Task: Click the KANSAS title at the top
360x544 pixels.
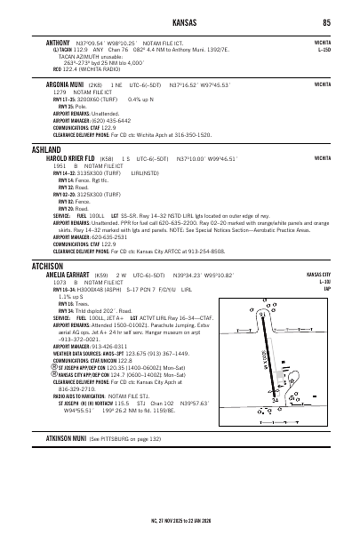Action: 180,22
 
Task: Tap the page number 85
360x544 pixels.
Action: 327,22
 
